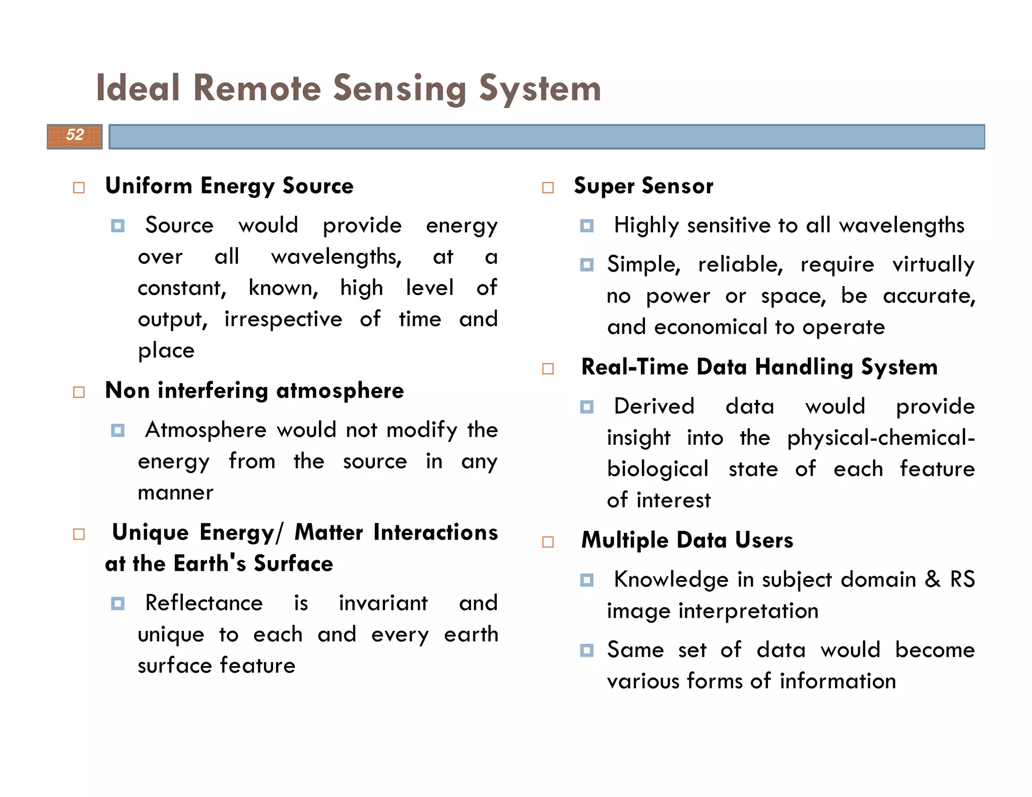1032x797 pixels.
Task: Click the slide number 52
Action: tap(75, 135)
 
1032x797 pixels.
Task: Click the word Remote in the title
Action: tap(257, 89)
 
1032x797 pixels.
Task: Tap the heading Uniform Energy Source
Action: tap(229, 186)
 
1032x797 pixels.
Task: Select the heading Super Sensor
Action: tap(643, 186)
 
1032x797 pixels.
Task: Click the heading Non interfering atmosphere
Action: tap(254, 390)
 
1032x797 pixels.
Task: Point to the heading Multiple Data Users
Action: tap(687, 540)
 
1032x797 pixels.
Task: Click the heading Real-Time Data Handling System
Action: tap(759, 367)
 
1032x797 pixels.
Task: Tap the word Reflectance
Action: tap(204, 603)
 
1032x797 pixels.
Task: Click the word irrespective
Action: tap(283, 319)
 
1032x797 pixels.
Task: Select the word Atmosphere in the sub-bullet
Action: tap(206, 430)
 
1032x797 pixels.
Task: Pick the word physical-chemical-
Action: tap(881, 438)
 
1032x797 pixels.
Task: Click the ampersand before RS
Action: tap(933, 579)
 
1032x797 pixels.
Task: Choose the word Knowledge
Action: tap(671, 580)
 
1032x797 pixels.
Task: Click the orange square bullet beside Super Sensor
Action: tap(548, 188)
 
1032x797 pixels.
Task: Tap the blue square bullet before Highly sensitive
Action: tap(587, 226)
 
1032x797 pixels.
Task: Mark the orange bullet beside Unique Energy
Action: tap(79, 534)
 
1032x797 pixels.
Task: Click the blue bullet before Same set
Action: tap(587, 650)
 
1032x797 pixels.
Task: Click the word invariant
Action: tap(383, 603)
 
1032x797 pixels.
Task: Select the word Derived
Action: tap(654, 407)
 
